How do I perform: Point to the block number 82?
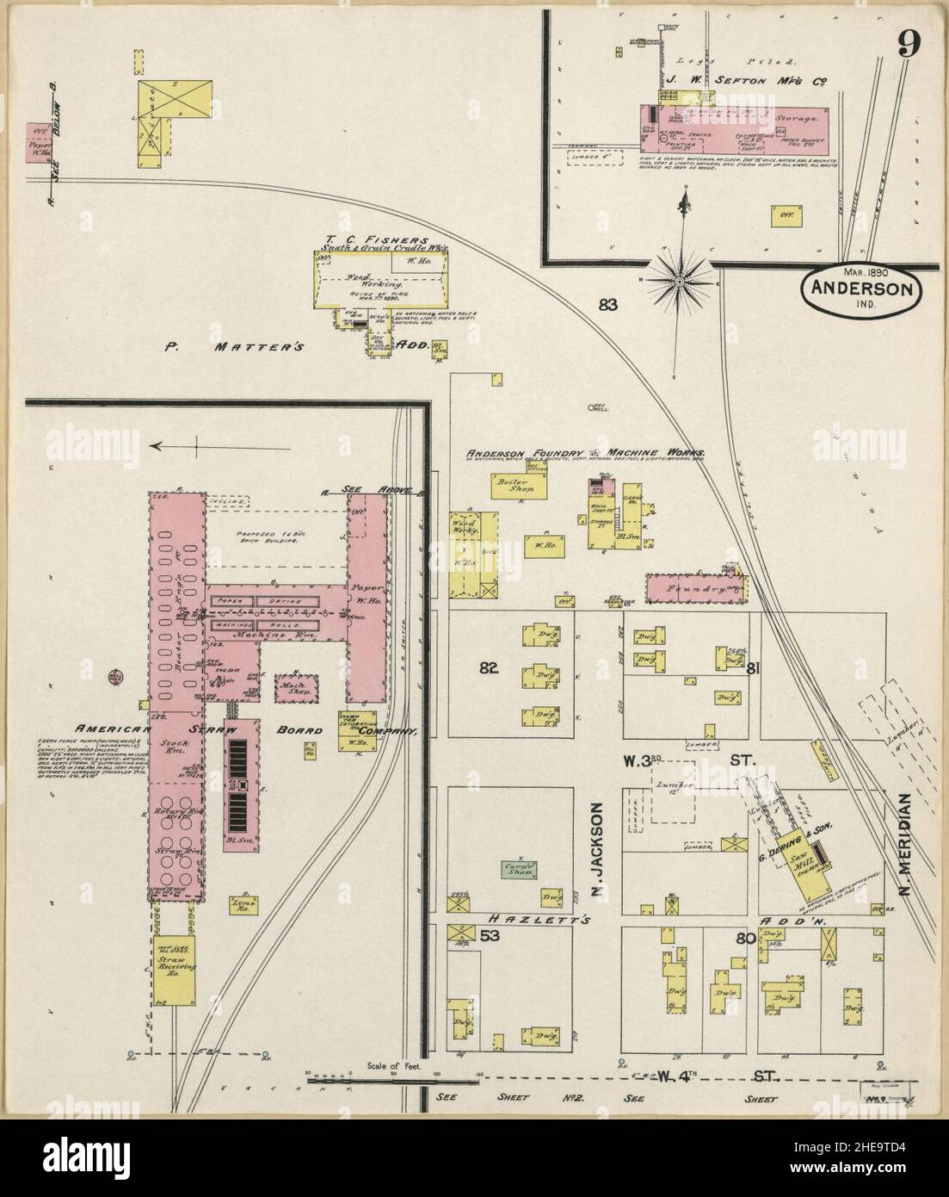tap(490, 667)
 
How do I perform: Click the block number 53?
tap(490, 935)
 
